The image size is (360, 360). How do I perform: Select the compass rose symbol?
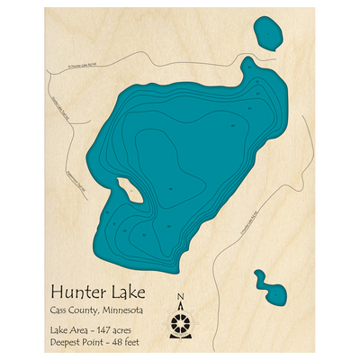[181, 321]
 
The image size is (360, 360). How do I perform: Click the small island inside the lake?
[126, 189]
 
